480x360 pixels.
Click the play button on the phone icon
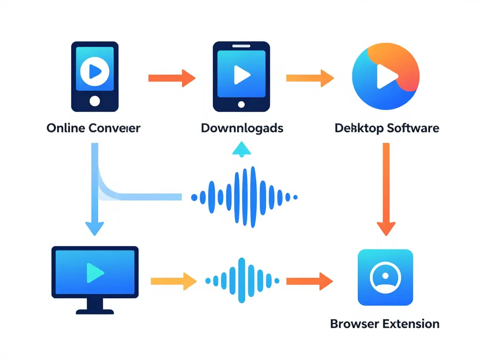click(x=95, y=71)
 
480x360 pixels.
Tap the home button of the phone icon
click(x=95, y=100)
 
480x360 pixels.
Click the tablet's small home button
click(x=241, y=104)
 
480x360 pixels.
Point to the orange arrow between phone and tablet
click(x=172, y=78)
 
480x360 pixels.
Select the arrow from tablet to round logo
click(x=309, y=78)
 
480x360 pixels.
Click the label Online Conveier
click(x=93, y=127)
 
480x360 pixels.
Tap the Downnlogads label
click(x=242, y=127)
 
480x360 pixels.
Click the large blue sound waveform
click(x=245, y=197)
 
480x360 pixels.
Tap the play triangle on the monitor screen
click(x=95, y=272)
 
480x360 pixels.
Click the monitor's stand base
click(x=95, y=311)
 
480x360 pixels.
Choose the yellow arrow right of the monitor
click(x=173, y=281)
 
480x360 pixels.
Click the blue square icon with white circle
click(x=385, y=277)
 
